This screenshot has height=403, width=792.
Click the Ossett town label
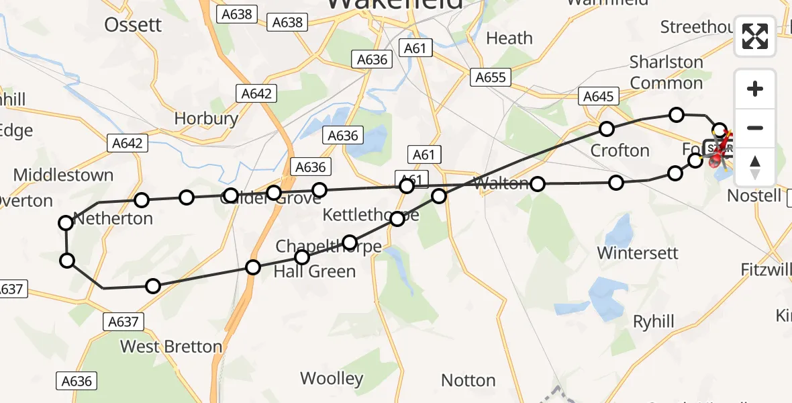click(x=133, y=25)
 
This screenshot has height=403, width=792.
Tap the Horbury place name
click(x=206, y=119)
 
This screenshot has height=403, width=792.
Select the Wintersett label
click(x=638, y=253)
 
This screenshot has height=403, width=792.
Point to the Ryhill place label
click(x=653, y=322)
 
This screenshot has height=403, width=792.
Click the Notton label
click(x=468, y=381)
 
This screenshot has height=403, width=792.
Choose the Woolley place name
click(x=332, y=378)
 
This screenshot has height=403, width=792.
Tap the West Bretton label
click(x=170, y=347)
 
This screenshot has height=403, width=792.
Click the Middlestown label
click(x=63, y=175)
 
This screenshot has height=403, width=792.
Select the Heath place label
click(x=509, y=38)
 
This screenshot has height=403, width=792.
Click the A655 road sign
click(x=490, y=77)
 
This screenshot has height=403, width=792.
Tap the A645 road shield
click(x=598, y=97)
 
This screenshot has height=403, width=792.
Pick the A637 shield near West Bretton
click(x=123, y=322)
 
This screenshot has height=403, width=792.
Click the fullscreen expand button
click(x=755, y=36)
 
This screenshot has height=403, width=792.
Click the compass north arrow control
click(x=755, y=166)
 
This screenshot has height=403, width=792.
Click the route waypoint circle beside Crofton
click(x=607, y=128)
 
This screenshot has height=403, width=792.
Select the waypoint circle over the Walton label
click(x=538, y=183)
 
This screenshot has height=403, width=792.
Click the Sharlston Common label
click(x=666, y=73)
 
